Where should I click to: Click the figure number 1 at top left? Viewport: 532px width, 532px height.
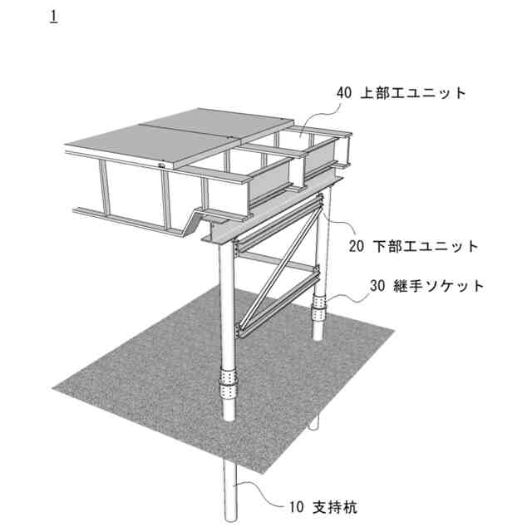(54, 17)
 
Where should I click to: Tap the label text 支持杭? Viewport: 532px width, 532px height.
(339, 505)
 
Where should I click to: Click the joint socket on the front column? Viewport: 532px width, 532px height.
(226, 383)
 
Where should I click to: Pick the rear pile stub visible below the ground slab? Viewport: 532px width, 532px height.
(314, 424)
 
